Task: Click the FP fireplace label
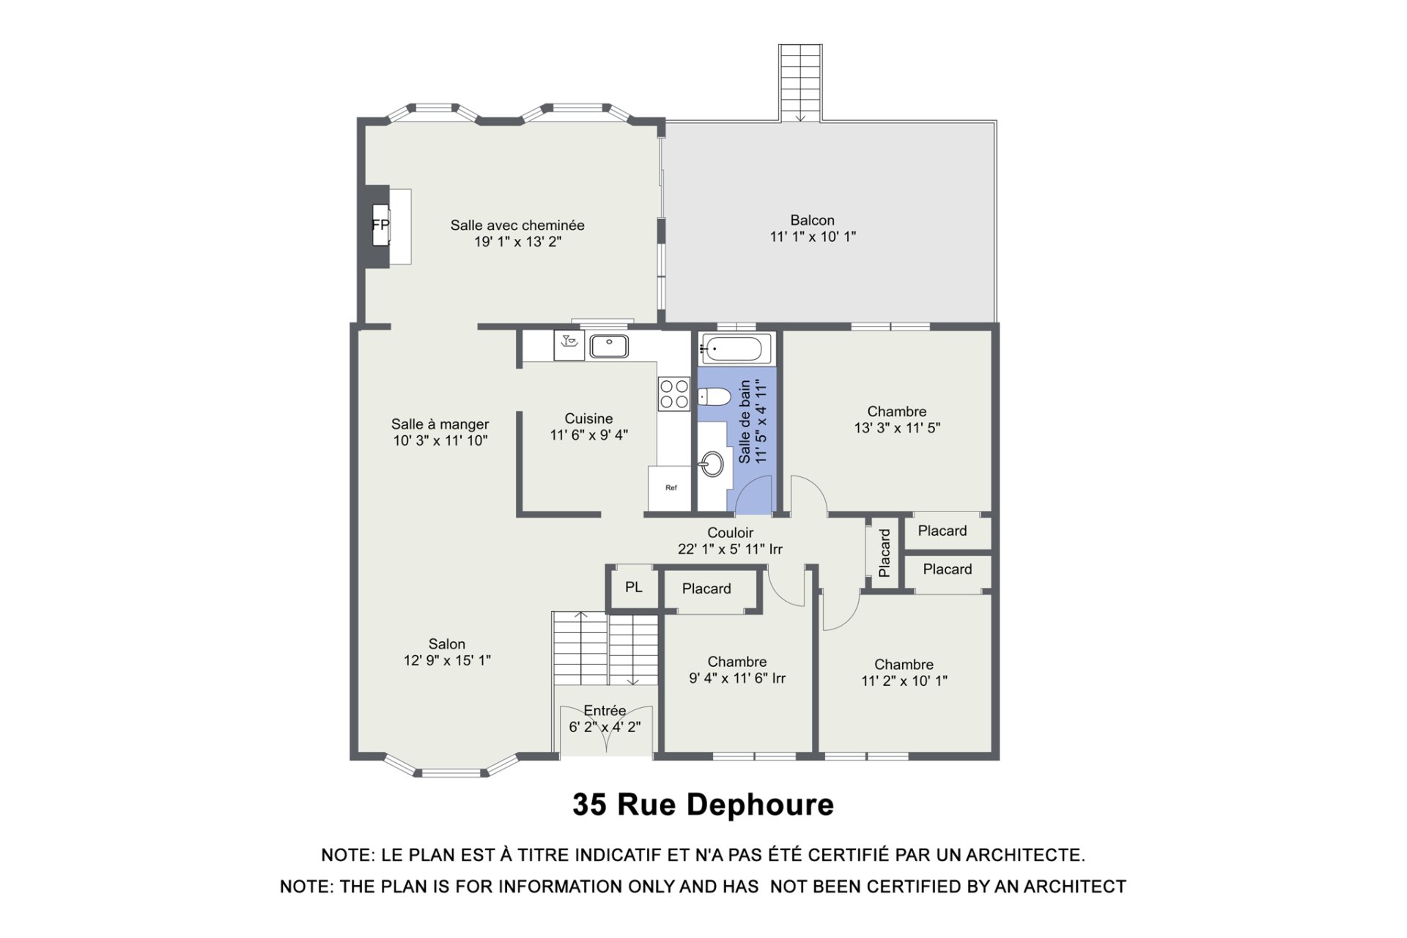coord(380,224)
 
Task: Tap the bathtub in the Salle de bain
coord(736,349)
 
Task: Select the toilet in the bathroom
coord(714,398)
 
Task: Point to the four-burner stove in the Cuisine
coord(673,393)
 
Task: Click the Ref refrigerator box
coord(671,488)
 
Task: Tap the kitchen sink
coord(609,346)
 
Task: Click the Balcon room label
coord(812,220)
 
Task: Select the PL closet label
coord(634,587)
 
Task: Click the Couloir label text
coord(730,533)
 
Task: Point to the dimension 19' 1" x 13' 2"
coord(517,242)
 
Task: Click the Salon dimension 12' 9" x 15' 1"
coord(447,660)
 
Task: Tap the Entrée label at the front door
coord(605,710)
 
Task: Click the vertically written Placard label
coord(885,553)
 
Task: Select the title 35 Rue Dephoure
coord(703,805)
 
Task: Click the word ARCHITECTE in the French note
coord(1025,855)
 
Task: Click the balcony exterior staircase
coord(800,83)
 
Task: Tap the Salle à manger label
coord(440,424)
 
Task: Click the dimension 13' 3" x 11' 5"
coord(897,428)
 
